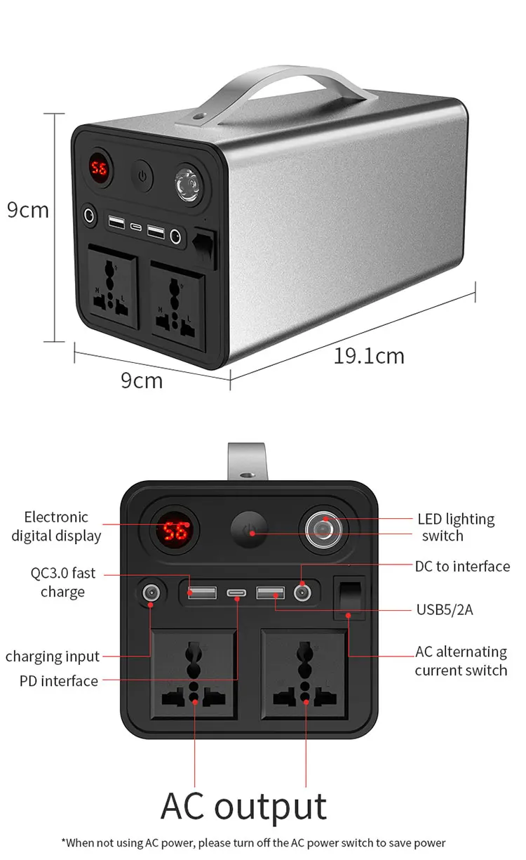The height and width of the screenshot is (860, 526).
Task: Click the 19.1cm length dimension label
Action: [369, 356]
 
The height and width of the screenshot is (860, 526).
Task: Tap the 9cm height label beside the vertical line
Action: [28, 209]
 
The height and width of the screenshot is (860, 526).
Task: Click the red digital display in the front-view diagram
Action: [172, 531]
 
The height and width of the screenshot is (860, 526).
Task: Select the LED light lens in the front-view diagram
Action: [323, 527]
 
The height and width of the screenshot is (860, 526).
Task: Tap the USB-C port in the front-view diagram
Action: [237, 594]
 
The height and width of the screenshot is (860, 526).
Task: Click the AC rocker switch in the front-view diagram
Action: [348, 599]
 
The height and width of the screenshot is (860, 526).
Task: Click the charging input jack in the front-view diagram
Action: [149, 594]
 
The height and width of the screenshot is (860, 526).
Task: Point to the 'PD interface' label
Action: [59, 681]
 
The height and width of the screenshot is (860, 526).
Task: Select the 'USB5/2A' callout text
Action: [445, 609]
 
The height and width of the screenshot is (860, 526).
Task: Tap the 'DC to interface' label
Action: [462, 566]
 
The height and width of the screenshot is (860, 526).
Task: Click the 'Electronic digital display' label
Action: [56, 527]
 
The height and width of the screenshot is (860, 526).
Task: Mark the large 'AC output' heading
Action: [243, 806]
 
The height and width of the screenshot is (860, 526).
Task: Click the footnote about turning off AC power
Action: [253, 842]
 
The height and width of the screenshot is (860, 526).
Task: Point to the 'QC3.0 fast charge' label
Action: [62, 583]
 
